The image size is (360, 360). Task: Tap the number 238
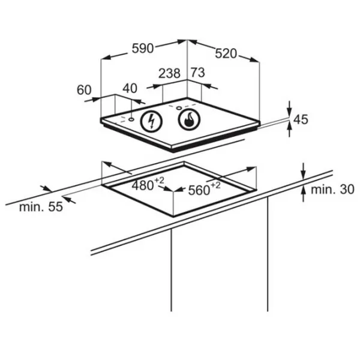[170, 73]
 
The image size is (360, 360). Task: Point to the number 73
[197, 73]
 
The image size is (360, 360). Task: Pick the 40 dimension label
[130, 88]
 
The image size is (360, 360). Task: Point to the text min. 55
[40, 208]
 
